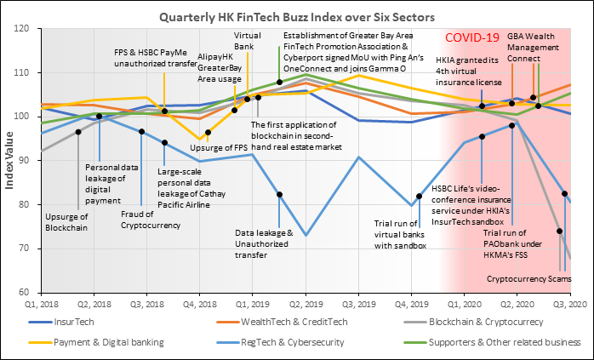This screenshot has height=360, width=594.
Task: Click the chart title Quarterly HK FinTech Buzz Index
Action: tap(296, 16)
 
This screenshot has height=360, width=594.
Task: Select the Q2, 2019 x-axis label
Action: tap(303, 303)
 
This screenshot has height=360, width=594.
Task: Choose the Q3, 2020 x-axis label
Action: tap(570, 303)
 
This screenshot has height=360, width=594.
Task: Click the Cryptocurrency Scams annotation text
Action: tap(528, 278)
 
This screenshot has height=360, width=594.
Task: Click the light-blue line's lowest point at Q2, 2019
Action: tap(305, 236)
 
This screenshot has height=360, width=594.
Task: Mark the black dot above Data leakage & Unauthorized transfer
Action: tap(279, 195)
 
